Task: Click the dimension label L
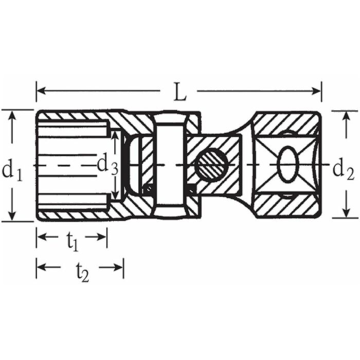[179, 92]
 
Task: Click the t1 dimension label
[73, 242]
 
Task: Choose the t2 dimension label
[82, 272]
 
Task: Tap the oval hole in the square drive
[288, 165]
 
